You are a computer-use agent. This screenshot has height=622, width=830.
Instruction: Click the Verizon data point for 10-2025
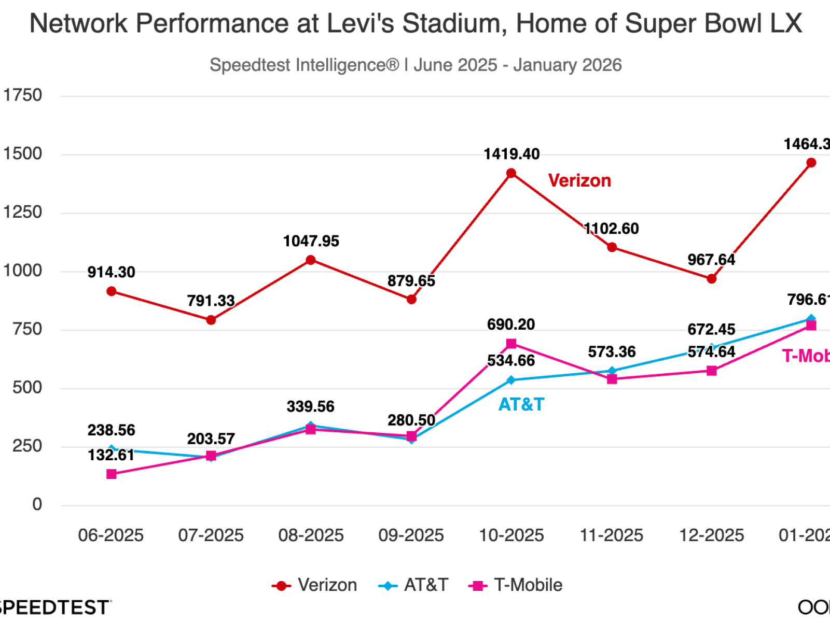[x=511, y=173]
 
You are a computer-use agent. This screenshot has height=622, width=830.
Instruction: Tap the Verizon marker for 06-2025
[x=111, y=291]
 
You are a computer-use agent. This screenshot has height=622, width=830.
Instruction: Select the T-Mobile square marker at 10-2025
[x=511, y=344]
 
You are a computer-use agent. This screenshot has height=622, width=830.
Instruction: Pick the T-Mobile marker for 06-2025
[x=111, y=474]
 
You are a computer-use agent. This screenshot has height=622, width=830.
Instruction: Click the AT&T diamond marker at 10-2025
[x=511, y=380]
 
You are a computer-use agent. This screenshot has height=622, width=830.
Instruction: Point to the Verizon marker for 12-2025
[x=712, y=279]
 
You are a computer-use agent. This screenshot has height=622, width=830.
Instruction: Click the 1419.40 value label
[x=511, y=154]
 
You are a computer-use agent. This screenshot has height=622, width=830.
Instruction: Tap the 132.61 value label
[x=111, y=455]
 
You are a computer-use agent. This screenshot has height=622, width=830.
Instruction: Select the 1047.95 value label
[x=311, y=241]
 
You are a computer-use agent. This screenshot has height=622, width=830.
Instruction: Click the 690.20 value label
[x=511, y=324]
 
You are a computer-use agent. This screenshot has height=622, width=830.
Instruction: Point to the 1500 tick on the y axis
[x=22, y=154]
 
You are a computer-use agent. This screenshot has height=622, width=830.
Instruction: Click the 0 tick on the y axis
[x=37, y=504]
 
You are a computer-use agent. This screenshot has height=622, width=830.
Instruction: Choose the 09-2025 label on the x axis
[x=411, y=535]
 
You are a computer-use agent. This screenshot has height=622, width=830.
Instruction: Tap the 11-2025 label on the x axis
[x=611, y=535]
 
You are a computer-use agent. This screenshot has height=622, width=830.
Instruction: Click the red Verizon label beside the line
[x=579, y=180]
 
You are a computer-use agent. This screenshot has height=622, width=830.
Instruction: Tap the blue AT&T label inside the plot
[x=521, y=404]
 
